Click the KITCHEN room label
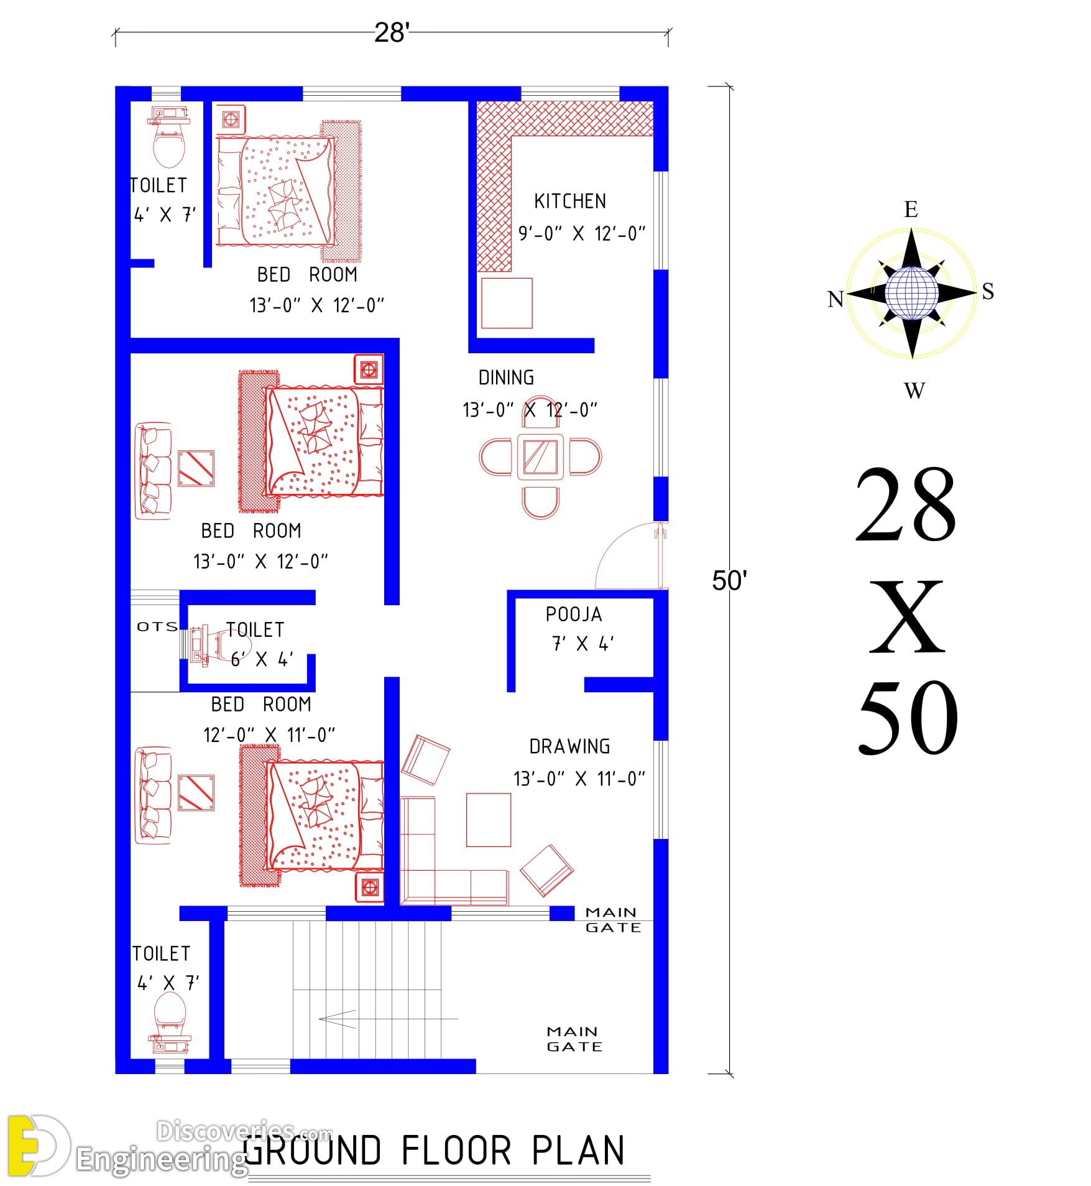(569, 201)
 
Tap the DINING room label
(506, 378)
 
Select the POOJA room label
(573, 614)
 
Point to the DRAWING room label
(569, 746)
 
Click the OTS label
(157, 626)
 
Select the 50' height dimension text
(729, 580)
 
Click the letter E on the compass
(911, 210)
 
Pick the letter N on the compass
(836, 299)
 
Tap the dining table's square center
(540, 457)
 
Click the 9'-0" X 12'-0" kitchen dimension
(582, 234)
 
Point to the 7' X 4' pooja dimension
(582, 644)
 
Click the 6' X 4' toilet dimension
(262, 659)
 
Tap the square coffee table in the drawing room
(489, 820)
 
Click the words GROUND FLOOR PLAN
(434, 1151)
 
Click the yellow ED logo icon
(37, 1146)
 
